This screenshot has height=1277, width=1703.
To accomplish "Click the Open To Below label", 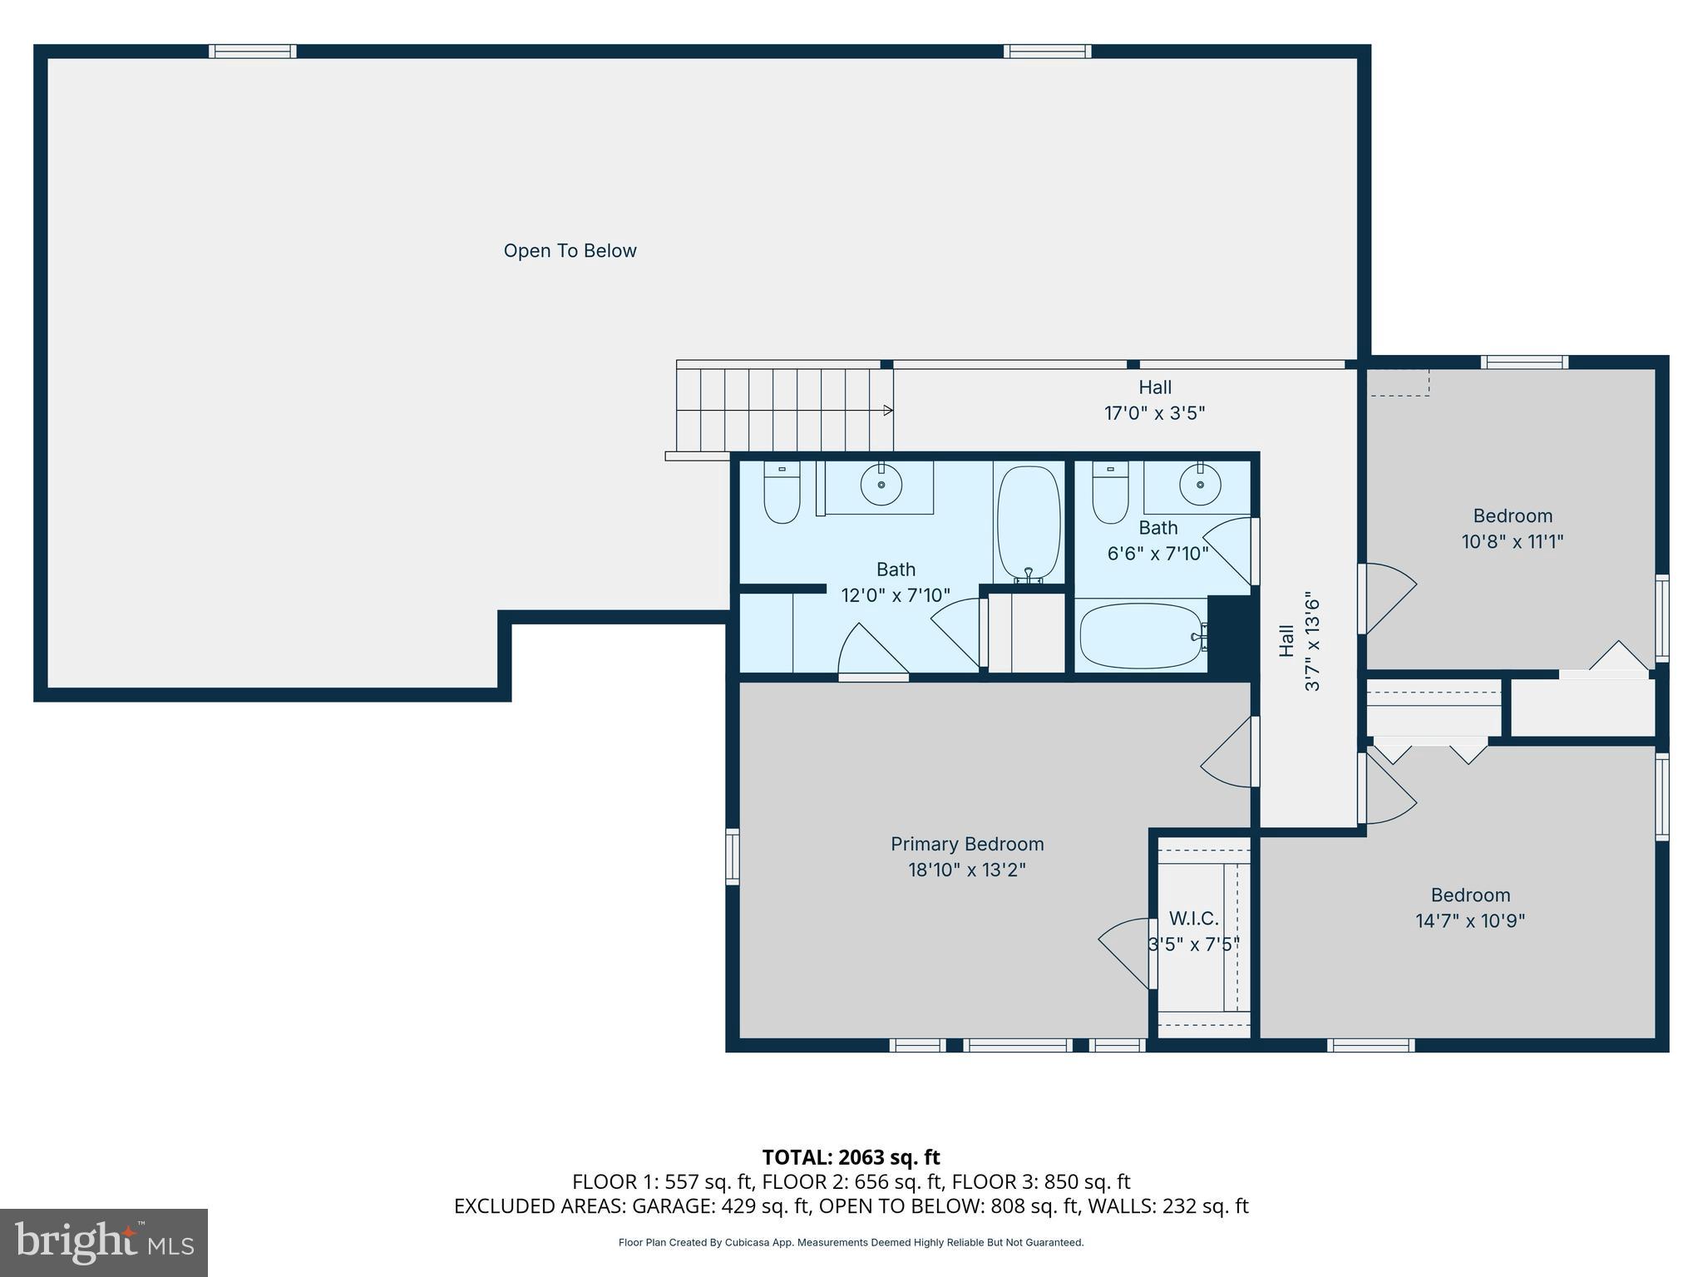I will (570, 251).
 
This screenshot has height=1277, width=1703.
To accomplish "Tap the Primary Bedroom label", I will (967, 844).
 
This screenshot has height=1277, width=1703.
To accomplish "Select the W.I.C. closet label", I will (1194, 919).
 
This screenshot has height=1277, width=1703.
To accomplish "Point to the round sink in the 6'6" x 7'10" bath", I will (1200, 485).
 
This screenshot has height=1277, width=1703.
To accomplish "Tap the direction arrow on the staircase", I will (887, 410).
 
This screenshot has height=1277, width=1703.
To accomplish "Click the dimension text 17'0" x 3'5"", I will (1154, 413).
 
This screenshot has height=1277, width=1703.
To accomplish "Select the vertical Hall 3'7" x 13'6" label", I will (1299, 641).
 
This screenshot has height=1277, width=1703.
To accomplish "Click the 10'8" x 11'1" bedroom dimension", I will (1513, 542).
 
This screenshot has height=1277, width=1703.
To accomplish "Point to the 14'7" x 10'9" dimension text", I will (1470, 921).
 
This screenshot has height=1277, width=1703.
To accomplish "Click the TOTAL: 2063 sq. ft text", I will (851, 1157).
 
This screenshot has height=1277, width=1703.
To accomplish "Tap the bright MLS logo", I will (104, 1242).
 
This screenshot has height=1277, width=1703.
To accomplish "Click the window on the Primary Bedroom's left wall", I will (733, 855).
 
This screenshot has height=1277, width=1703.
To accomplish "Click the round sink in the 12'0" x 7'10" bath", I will (881, 484).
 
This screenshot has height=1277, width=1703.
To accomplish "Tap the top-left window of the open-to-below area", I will (252, 52).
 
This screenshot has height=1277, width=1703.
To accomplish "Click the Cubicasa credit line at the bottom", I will (851, 1242).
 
